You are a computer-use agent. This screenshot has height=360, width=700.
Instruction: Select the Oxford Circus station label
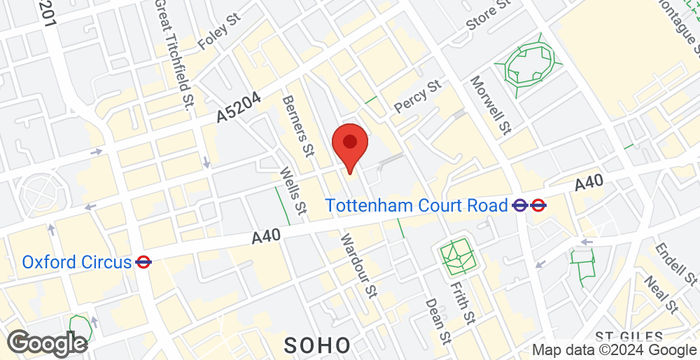click(77, 262)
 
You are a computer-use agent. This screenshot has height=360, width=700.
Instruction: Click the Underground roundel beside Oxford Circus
click(143, 262)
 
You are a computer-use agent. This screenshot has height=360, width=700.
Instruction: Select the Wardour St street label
click(356, 263)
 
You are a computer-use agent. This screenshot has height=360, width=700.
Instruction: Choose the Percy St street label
click(419, 97)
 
